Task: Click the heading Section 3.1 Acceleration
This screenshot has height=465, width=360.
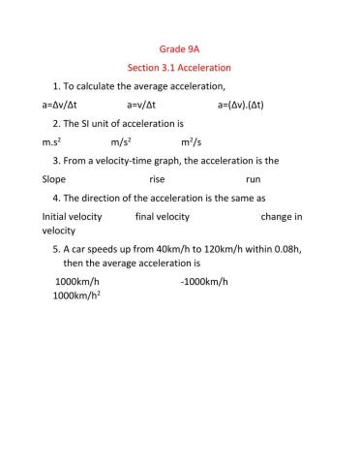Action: point(180,68)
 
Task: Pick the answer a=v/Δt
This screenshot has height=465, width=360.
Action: point(148,105)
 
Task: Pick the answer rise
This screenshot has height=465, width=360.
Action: point(158,179)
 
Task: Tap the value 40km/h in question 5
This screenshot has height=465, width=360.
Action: point(166,249)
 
